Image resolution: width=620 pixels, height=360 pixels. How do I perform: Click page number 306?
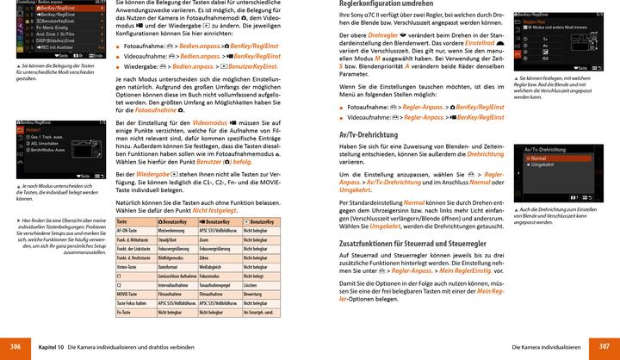pyautogui.click(x=15, y=345)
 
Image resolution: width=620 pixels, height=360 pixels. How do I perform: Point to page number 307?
pyautogui.click(x=604, y=345)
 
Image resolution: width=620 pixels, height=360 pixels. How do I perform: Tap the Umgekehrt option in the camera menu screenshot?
pyautogui.click(x=543, y=164)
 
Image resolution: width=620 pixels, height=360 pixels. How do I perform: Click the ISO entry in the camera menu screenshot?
pyautogui.click(x=545, y=58)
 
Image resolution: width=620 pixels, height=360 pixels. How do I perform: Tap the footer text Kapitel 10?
pyautogui.click(x=54, y=345)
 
